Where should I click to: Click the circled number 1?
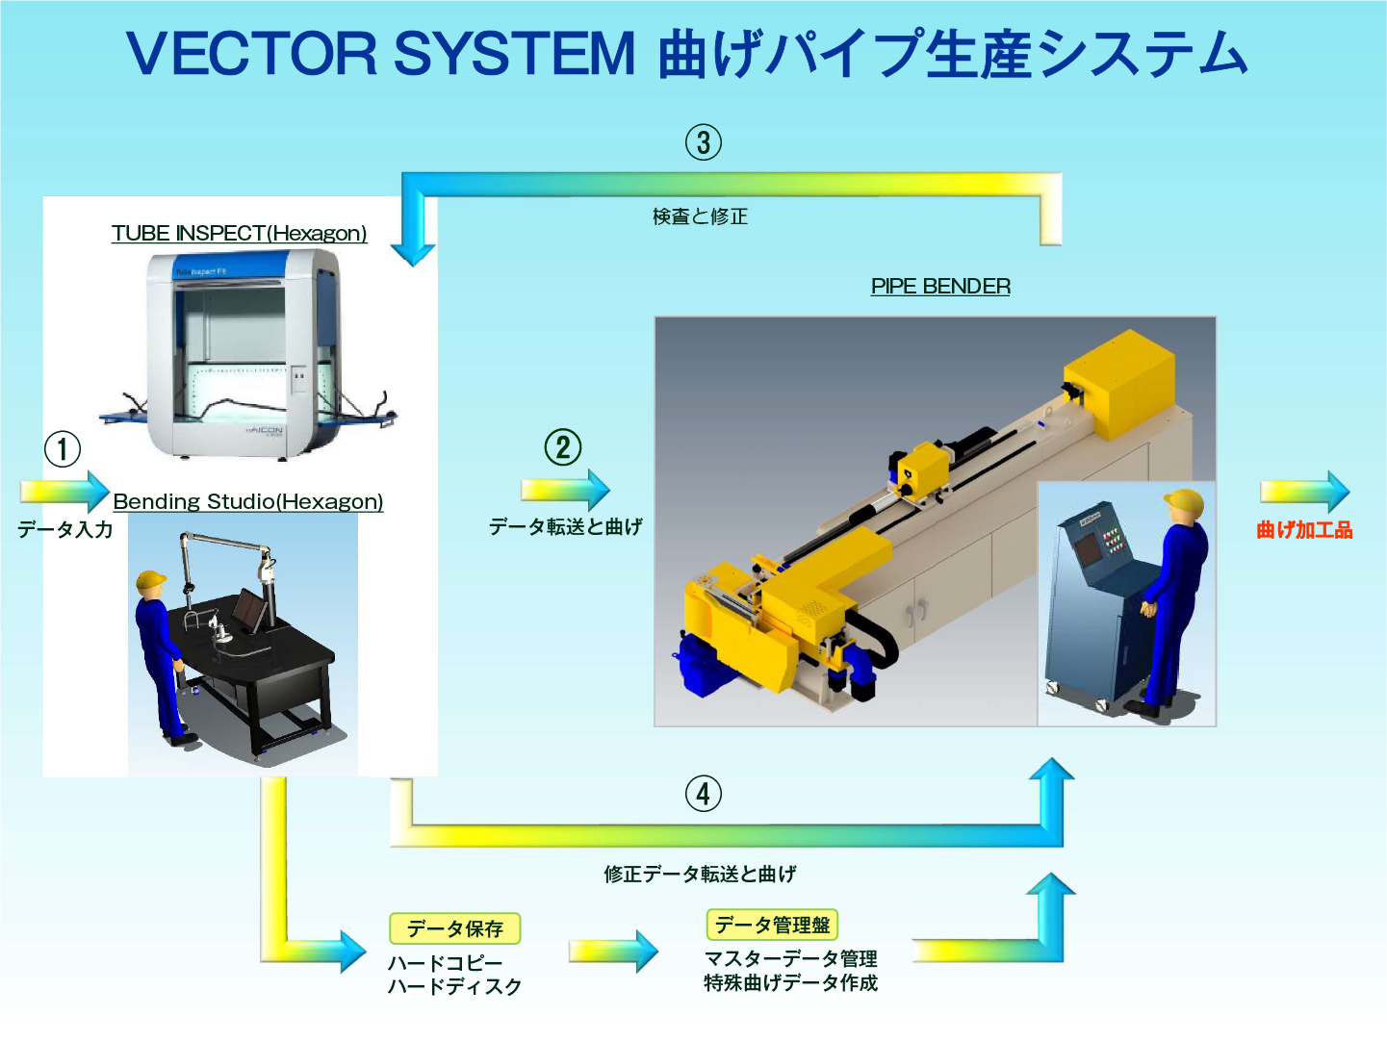63,448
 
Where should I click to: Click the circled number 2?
563,447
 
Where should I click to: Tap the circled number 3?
704,142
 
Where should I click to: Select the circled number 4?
704,794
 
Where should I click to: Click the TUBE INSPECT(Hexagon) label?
239,233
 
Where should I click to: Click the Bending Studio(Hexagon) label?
248,501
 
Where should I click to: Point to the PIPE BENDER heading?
940,286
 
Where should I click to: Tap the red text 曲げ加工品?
1304,529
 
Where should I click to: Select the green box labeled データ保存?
454,928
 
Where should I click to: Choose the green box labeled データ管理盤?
772,925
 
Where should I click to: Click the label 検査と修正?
700,216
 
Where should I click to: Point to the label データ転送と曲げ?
565,526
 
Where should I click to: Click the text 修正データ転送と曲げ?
700,874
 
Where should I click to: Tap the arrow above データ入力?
65,492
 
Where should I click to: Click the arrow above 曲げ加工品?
1305,492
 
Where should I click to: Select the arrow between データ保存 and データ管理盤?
613,952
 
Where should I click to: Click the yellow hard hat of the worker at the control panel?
1184,502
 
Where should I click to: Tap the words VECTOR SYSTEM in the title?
381,54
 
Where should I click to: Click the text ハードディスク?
454,986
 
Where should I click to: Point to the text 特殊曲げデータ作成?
790,982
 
